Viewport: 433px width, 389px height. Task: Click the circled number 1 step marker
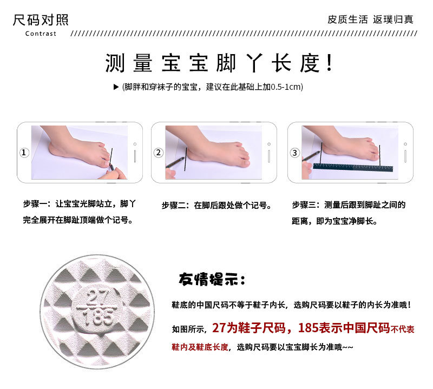[x=24, y=153]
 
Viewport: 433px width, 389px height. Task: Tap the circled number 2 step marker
[x=159, y=153]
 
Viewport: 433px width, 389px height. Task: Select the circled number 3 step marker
[x=294, y=153]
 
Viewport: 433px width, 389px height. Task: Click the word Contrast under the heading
[x=41, y=34]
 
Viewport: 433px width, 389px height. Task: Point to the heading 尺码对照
[x=41, y=21]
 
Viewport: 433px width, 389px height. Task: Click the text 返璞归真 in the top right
[x=393, y=19]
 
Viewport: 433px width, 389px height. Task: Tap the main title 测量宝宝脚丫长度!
[x=219, y=64]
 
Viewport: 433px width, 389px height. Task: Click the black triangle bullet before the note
[x=116, y=87]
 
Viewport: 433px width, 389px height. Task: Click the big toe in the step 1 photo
[x=103, y=160]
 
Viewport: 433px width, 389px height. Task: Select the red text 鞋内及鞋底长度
[x=200, y=347]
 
